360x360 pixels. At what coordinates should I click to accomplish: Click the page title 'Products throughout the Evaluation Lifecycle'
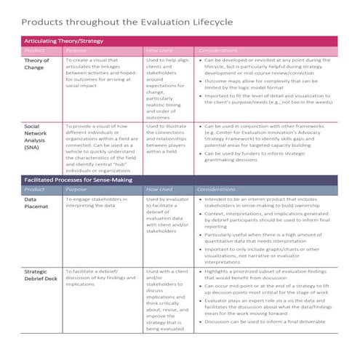(x=128, y=23)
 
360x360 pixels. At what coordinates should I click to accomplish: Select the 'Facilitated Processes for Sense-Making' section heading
(x=79, y=178)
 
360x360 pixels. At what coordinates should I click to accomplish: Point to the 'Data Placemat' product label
(x=36, y=202)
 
